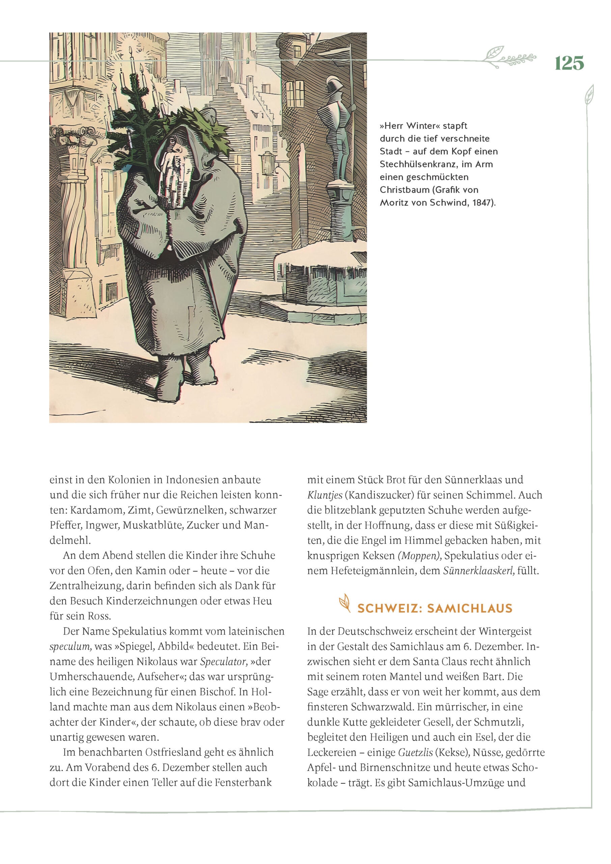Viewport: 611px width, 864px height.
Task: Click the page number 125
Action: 569,63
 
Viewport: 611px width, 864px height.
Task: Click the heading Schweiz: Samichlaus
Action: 435,609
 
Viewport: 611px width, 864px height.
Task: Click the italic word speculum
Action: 70,647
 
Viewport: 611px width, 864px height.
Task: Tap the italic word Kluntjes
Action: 324,495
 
